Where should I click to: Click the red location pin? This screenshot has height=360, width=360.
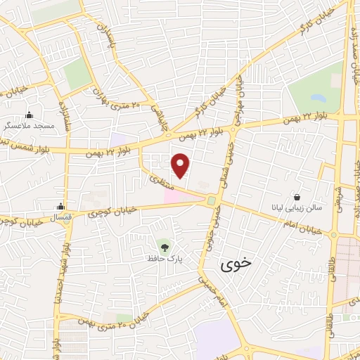pos(181,165)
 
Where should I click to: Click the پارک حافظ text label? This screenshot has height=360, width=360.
pos(165,259)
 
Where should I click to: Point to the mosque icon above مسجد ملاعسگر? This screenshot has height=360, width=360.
pos(29,115)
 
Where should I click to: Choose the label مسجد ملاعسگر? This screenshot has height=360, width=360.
pos(28,124)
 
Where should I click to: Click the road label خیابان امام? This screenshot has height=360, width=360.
pos(304,226)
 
